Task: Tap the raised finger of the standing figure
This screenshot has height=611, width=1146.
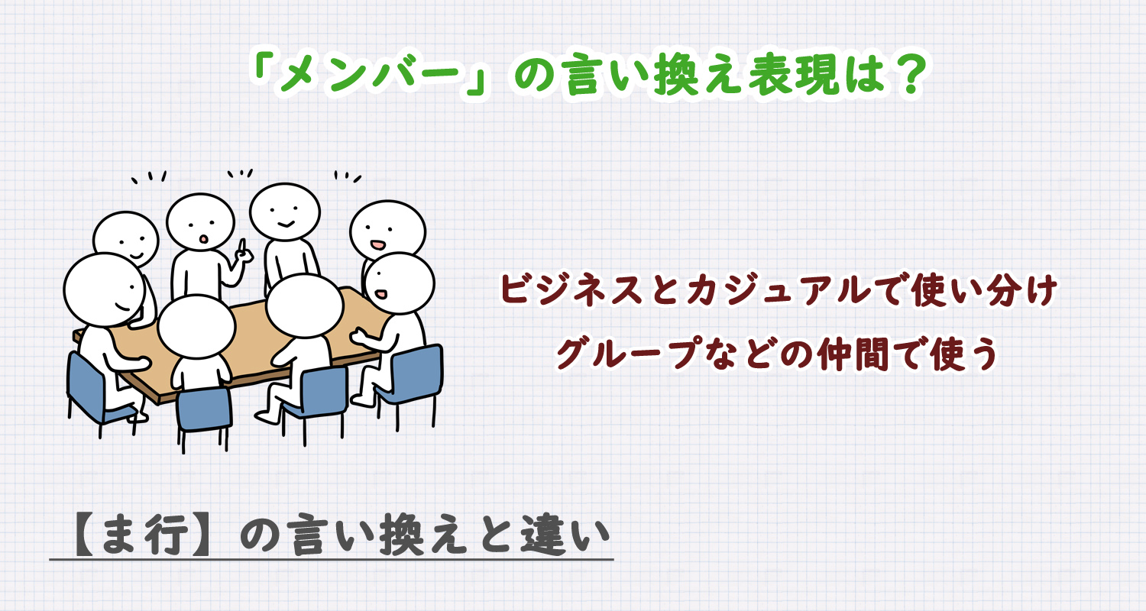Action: click(x=241, y=246)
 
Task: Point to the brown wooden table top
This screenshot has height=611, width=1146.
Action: click(x=252, y=336)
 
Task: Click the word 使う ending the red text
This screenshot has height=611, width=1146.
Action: click(x=963, y=354)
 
